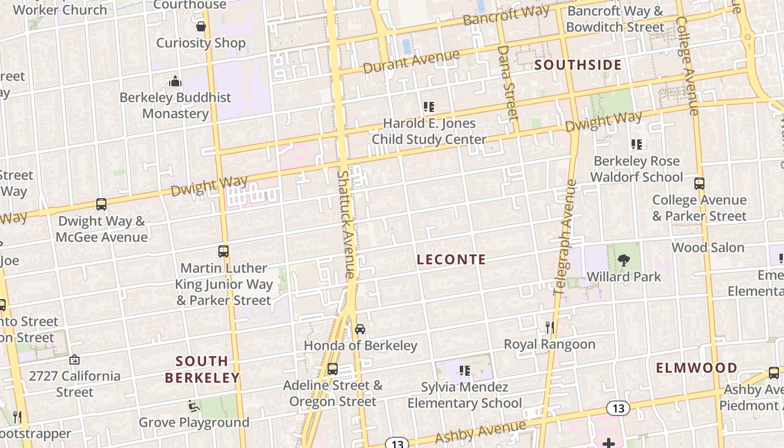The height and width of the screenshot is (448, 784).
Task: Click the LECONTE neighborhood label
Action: click(451, 259)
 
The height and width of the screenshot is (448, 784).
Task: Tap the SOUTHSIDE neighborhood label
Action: click(578, 65)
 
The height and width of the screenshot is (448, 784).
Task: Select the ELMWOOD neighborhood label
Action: click(697, 368)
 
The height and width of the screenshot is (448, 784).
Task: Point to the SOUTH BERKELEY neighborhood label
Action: click(202, 369)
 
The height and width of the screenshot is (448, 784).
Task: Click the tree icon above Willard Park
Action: click(623, 260)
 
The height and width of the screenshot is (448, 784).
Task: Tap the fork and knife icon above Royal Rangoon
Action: click(549, 327)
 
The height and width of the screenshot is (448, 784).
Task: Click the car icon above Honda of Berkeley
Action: click(360, 329)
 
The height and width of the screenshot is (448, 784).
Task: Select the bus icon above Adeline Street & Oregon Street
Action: click(333, 368)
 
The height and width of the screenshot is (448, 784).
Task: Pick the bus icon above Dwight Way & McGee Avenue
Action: click(101, 204)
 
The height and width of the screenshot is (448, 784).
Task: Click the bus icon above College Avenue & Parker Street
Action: click(699, 183)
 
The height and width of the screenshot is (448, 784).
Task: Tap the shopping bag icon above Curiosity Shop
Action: click(200, 26)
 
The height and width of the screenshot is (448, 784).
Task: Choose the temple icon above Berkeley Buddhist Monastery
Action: click(175, 81)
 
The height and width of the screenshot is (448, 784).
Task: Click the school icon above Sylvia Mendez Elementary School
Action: click(464, 370)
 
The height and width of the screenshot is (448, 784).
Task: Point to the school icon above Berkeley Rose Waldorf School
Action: click(637, 144)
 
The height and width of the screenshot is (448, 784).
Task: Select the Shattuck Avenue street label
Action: click(346, 224)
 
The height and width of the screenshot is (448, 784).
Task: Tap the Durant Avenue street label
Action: click(411, 62)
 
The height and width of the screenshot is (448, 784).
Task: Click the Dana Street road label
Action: click(507, 82)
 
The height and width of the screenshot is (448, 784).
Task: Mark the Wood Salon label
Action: click(708, 248)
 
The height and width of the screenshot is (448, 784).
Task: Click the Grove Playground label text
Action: click(194, 422)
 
